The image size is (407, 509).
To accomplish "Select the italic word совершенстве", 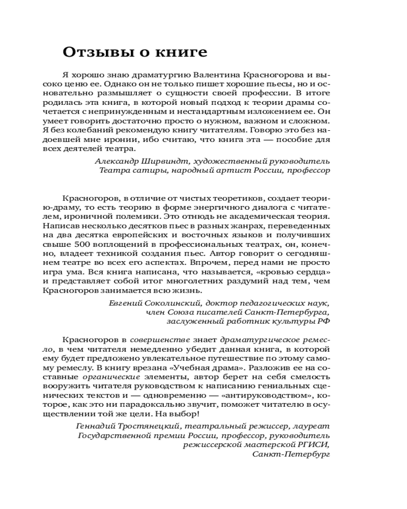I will point(154,338).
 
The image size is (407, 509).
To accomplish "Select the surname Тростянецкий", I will point(146,426).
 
